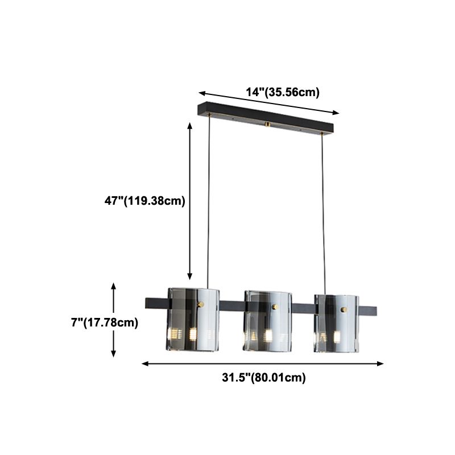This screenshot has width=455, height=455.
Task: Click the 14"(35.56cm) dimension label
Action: [282, 92]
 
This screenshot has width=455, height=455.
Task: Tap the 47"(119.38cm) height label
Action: [140, 201]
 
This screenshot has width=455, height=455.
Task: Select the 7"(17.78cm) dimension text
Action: [105, 322]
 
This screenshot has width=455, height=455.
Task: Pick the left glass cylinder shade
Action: [193, 320]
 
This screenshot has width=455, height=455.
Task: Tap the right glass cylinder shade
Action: [337, 323]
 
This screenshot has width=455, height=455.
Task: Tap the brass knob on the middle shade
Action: [275, 307]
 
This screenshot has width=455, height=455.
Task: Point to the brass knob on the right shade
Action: [344, 309]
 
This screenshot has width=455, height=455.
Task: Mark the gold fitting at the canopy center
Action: [267, 123]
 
